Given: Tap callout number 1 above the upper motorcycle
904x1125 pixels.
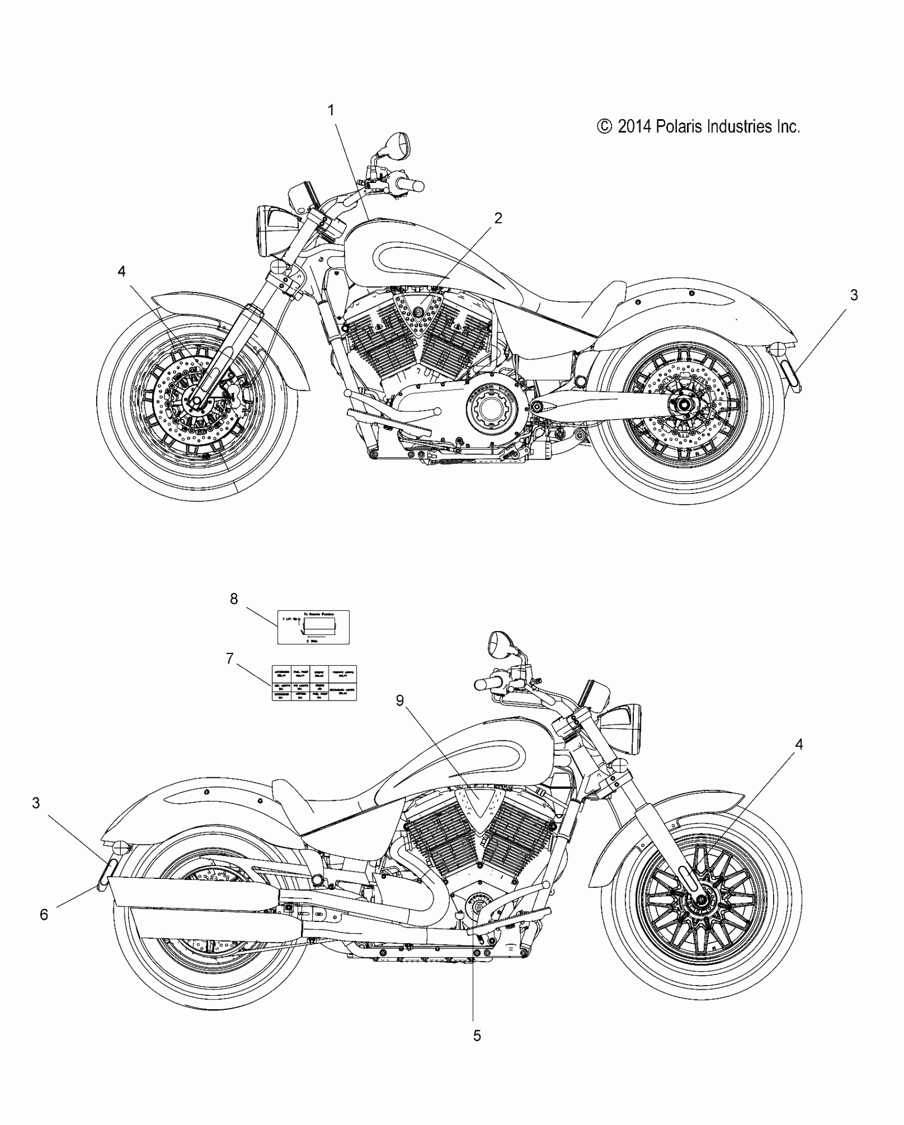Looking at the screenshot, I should pyautogui.click(x=331, y=111).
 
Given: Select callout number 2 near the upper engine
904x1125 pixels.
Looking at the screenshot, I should pyautogui.click(x=498, y=218).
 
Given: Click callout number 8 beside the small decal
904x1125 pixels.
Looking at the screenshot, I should pyautogui.click(x=234, y=599).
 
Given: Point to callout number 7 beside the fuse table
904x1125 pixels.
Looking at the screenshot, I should pyautogui.click(x=230, y=659).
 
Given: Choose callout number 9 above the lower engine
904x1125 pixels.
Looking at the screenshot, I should pyautogui.click(x=400, y=701).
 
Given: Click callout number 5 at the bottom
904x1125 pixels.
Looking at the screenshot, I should pyautogui.click(x=477, y=1035).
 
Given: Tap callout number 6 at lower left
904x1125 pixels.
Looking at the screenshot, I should pyautogui.click(x=44, y=914).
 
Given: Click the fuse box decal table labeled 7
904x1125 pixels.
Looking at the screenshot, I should pyautogui.click(x=314, y=683).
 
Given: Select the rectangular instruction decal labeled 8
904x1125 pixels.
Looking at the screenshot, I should pyautogui.click(x=313, y=627).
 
